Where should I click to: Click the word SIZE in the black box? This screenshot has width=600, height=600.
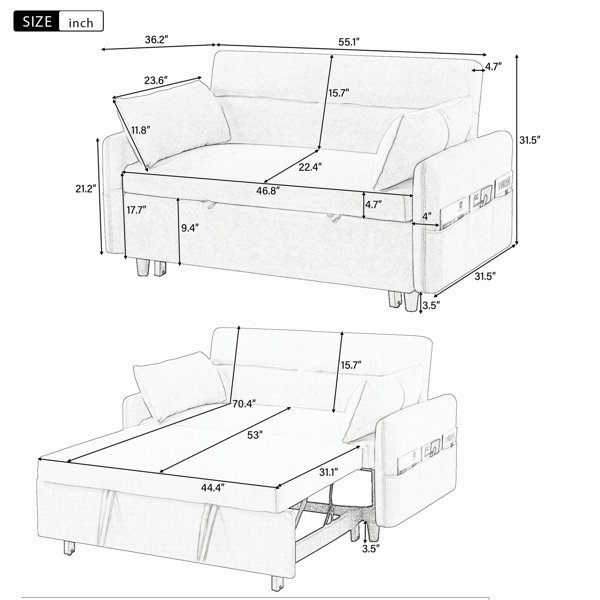pyautogui.click(x=37, y=21)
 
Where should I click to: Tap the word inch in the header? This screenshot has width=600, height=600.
pyautogui.click(x=81, y=23)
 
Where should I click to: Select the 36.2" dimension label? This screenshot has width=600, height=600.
pyautogui.click(x=157, y=39)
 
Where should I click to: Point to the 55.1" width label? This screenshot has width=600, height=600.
pyautogui.click(x=349, y=42)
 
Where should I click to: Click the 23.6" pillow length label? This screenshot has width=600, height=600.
pyautogui.click(x=156, y=80)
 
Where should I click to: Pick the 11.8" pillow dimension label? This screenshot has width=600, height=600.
pyautogui.click(x=141, y=130)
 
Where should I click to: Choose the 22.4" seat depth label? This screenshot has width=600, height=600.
pyautogui.click(x=310, y=167)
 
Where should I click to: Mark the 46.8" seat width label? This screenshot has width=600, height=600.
pyautogui.click(x=268, y=191)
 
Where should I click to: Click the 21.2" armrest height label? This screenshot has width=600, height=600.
pyautogui.click(x=86, y=188)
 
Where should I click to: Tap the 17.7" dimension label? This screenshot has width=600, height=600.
pyautogui.click(x=137, y=210)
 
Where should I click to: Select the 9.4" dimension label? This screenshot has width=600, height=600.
pyautogui.click(x=190, y=228)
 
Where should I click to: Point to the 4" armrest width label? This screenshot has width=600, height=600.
pyautogui.click(x=427, y=216)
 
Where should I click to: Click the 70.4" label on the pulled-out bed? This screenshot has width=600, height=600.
pyautogui.click(x=244, y=404)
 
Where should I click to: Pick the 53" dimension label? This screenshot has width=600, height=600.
pyautogui.click(x=255, y=435)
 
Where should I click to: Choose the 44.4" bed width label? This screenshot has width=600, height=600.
pyautogui.click(x=213, y=488)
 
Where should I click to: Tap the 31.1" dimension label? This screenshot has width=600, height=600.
pyautogui.click(x=329, y=473)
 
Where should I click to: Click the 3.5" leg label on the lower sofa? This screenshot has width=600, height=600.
pyautogui.click(x=371, y=548)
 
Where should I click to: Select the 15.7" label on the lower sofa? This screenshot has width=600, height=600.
pyautogui.click(x=351, y=365)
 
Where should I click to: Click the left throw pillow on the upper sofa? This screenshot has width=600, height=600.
pyautogui.click(x=172, y=122)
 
